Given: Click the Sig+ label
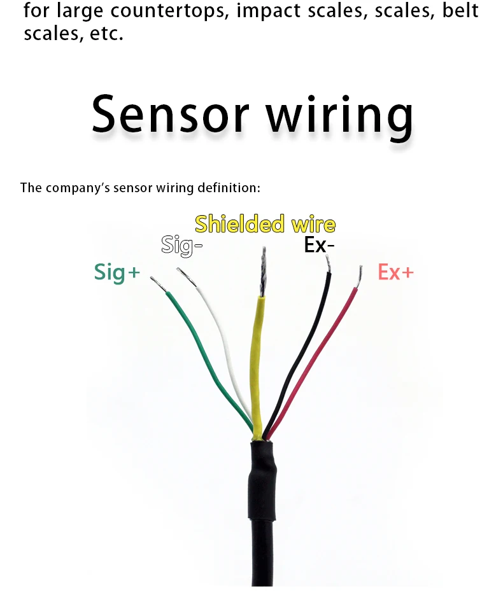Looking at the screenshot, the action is coord(116,272).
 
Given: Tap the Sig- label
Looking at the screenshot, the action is coord(181,245).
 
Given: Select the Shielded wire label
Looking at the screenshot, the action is coord(265,224).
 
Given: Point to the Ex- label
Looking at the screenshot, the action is coord(319,245).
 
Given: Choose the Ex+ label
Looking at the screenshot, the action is coord(395,272).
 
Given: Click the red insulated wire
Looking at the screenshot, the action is coord(318,356).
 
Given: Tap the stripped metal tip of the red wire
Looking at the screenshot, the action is coord(359,276).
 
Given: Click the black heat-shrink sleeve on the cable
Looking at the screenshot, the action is coord(263,477).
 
